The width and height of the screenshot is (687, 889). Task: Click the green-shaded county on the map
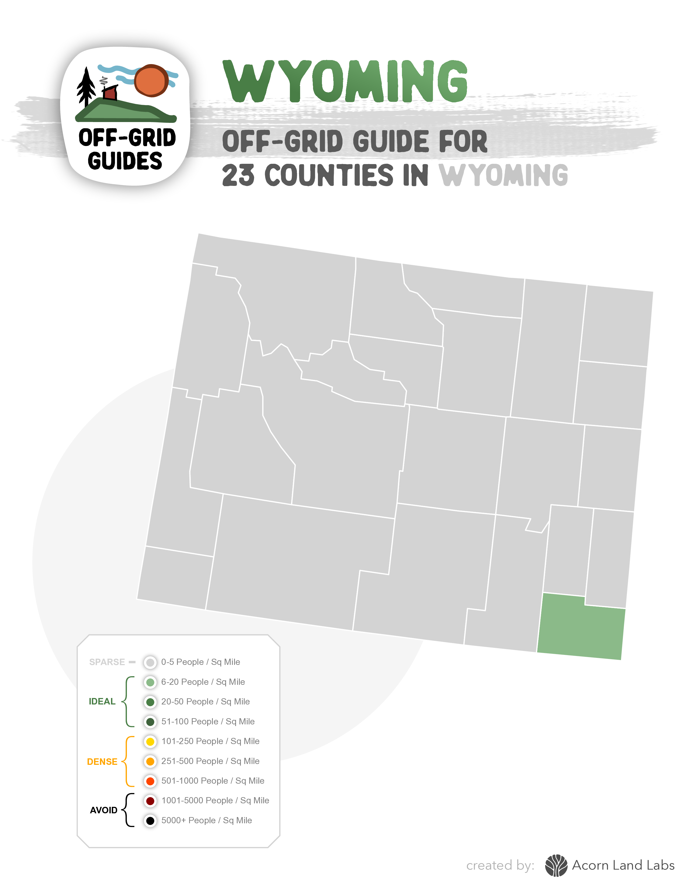581,627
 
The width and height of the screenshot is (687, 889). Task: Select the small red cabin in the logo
110,93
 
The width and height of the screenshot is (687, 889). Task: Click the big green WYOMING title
345,81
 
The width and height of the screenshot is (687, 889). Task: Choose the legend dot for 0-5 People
150,662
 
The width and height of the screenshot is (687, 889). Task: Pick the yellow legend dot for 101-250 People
150,742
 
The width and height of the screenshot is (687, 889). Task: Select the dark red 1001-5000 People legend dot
150,801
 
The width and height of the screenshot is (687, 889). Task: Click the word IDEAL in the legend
102,701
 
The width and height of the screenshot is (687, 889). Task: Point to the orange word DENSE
102,762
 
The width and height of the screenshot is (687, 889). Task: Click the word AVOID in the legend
103,810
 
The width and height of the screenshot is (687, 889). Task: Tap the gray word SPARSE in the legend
107,662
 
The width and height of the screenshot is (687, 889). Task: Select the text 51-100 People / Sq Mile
208,722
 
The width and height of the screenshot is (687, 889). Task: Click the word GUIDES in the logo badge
125,161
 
